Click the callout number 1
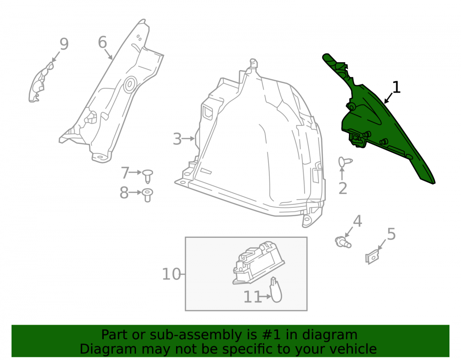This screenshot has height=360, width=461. pos(396,87)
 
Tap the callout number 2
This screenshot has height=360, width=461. pos(343,189)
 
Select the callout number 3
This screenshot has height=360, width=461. pos(177,139)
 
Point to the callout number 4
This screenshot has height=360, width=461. pos(357,221)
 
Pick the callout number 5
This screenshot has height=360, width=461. pos(391,234)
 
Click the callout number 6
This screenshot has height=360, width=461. pos(102,42)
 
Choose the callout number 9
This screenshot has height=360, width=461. pos(64,44)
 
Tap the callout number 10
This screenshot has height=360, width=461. pos(171,274)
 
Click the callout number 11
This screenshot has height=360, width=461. pos(252,297)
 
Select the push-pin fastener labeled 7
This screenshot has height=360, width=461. pos(148,176)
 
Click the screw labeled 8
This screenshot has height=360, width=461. pos(148,195)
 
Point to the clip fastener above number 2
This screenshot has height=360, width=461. pos(345,162)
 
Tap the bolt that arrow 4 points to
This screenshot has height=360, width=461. pos(343,242)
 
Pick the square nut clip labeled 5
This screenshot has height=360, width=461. pos(372,257)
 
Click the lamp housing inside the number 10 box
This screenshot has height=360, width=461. pos(258,262)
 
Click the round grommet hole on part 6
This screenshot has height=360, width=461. pos(130,85)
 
